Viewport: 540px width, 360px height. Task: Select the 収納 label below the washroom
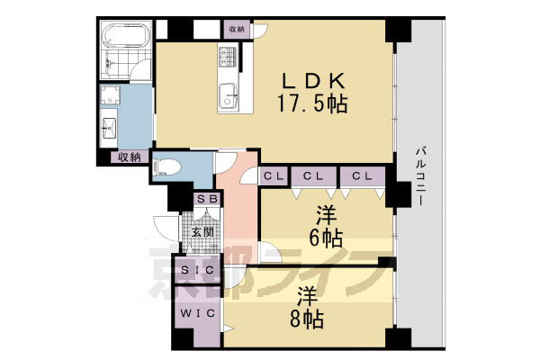129,157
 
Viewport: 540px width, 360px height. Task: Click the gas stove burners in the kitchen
226,60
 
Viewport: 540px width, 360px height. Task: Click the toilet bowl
169,166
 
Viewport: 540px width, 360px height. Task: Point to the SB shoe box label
206,199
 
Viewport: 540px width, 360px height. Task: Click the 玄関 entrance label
202,231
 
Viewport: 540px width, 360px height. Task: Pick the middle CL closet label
314,175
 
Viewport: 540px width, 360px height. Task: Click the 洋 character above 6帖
326,215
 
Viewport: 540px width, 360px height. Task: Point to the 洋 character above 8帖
307,295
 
